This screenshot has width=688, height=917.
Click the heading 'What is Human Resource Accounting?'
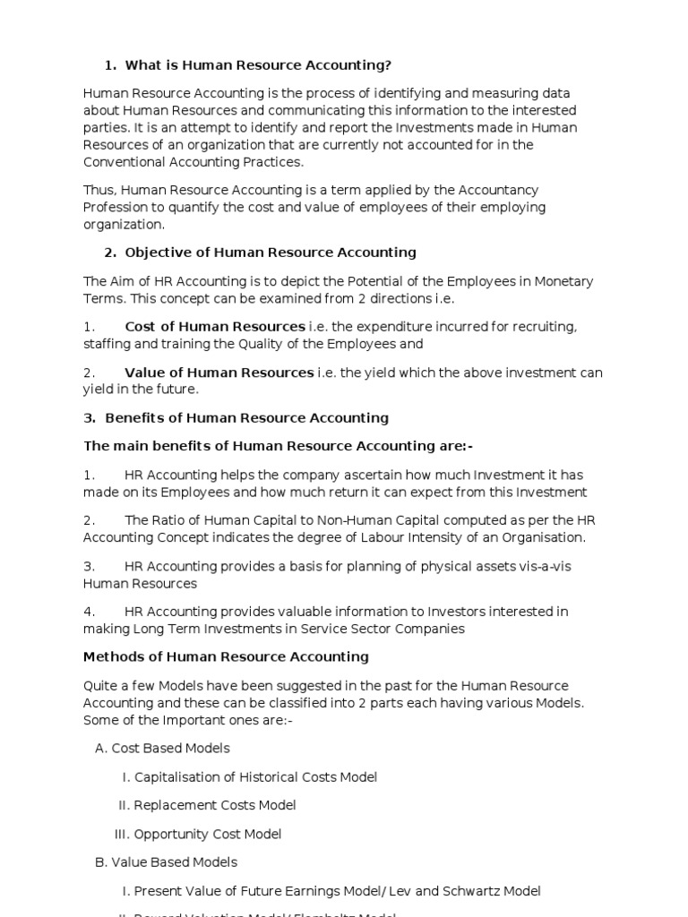pos(258,65)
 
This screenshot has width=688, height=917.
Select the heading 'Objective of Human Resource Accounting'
pos(270,253)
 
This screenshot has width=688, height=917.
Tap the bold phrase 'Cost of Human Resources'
pos(214,327)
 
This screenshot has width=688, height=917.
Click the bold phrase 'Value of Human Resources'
pos(219,373)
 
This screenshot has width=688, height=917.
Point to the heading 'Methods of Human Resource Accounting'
pos(226,657)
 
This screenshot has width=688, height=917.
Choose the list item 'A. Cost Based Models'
pos(162,749)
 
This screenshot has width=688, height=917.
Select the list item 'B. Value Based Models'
pos(166,862)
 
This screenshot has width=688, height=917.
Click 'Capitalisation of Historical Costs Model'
pos(255,777)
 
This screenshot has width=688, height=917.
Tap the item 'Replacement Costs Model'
pos(215,806)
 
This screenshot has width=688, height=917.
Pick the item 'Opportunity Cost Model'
pos(208,835)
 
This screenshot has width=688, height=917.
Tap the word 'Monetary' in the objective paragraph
pos(564,281)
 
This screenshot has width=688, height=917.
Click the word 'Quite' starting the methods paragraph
pos(101,686)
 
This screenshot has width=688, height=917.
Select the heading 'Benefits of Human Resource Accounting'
pos(246,418)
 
